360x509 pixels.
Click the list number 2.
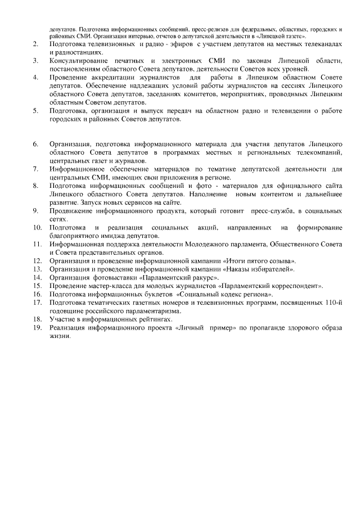pyautogui.click(x=35, y=43)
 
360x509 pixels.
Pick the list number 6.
pyautogui.click(x=35, y=144)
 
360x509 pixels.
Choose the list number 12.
pyautogui.click(x=37, y=261)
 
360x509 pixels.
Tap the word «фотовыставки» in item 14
pyautogui.click(x=114, y=278)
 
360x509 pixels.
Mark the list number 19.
pyautogui.click(x=37, y=327)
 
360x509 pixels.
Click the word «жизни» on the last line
pyautogui.click(x=60, y=336)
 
